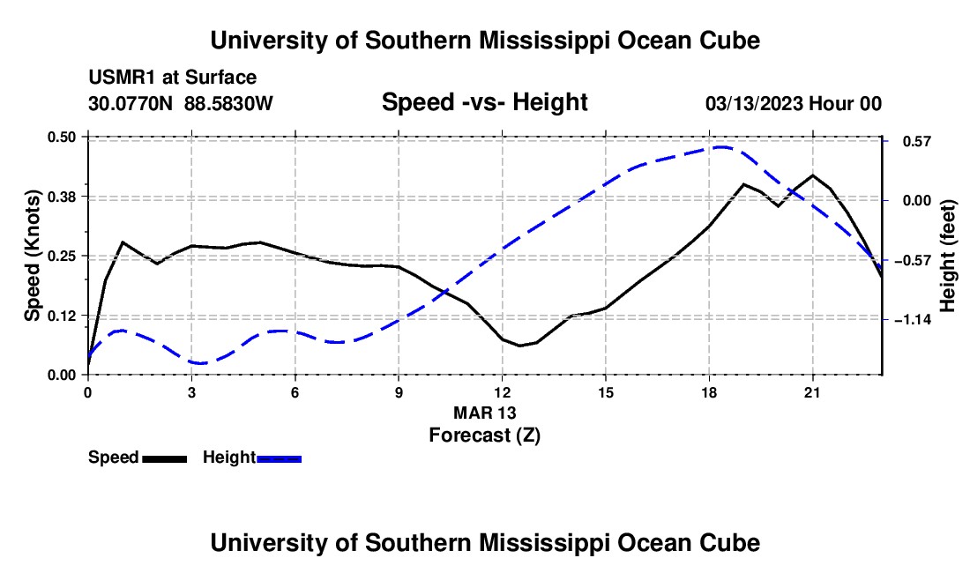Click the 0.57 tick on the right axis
(x=917, y=142)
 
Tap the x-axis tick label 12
(x=503, y=392)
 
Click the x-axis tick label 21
(x=812, y=392)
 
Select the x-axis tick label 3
(x=191, y=392)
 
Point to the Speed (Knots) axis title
(x=32, y=256)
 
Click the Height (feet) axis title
(x=947, y=256)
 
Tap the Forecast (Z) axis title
(x=485, y=435)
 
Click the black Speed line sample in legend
(x=165, y=458)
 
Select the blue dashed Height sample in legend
(x=279, y=458)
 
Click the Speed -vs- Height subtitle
(x=484, y=102)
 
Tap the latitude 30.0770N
(x=131, y=103)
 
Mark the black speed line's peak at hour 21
(x=812, y=175)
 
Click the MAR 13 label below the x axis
(x=485, y=413)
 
